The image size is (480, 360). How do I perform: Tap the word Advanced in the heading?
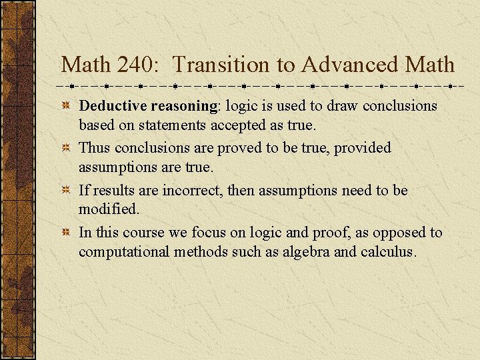click(x=349, y=65)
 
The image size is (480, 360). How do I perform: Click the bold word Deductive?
click(x=113, y=105)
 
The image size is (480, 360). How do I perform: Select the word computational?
click(x=124, y=252)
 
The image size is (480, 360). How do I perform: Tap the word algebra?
click(x=303, y=252)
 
